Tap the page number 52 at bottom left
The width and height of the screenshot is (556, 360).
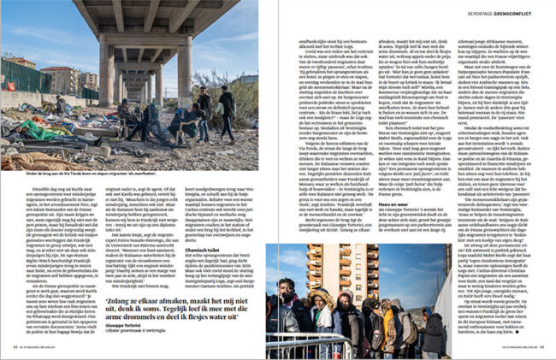click(x=15, y=347)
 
